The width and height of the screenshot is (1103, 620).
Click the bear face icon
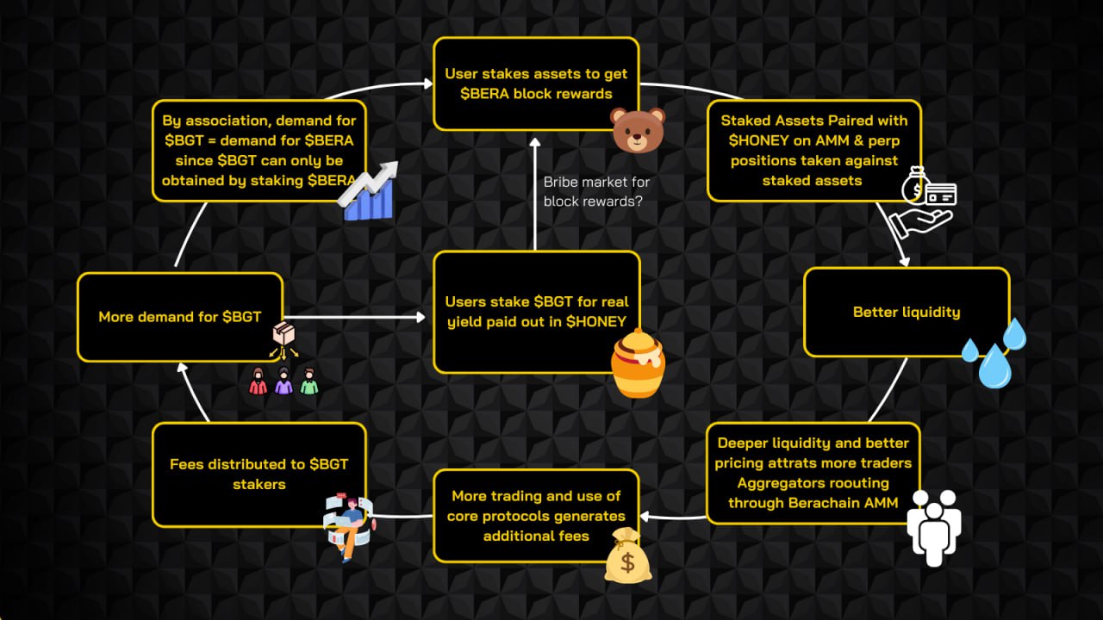(x=638, y=129)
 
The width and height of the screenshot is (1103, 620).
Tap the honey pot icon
(x=639, y=368)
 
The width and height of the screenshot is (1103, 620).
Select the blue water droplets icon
(x=994, y=352)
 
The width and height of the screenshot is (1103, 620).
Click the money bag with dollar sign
(x=627, y=557)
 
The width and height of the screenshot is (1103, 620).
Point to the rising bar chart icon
(x=366, y=190)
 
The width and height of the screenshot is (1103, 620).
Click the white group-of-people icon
(x=933, y=527)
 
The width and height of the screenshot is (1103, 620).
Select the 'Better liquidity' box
(x=907, y=312)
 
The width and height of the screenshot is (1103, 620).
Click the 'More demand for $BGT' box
(x=180, y=317)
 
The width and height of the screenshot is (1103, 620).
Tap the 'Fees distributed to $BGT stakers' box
(x=259, y=474)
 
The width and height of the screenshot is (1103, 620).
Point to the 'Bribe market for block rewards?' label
(x=596, y=192)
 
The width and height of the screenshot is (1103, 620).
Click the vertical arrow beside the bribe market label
(x=534, y=194)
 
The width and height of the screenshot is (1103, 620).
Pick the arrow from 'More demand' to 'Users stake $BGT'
(x=358, y=317)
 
